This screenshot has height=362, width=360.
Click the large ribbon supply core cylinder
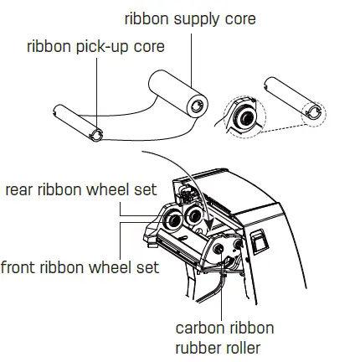[x=177, y=92]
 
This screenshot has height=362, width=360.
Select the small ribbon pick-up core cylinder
[x=76, y=122]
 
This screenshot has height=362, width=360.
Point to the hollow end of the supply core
[x=197, y=105]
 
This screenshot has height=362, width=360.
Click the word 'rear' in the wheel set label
[x=22, y=189]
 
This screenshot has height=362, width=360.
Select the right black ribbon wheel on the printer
[x=196, y=215]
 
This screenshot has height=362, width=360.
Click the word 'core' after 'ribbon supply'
[x=239, y=18]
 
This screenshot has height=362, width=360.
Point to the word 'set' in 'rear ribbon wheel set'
[x=145, y=189]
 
